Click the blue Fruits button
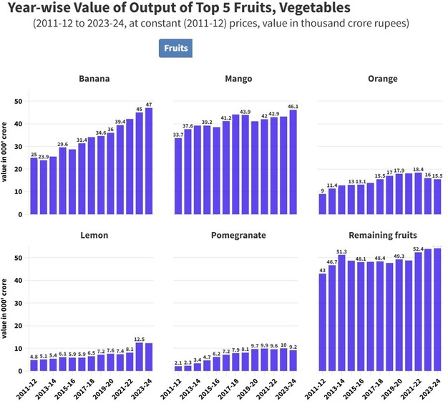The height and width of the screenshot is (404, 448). click(x=175, y=48)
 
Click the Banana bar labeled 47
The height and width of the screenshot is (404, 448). click(x=148, y=161)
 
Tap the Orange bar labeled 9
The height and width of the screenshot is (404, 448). click(x=323, y=204)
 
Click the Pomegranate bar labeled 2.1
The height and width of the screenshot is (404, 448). click(x=178, y=368)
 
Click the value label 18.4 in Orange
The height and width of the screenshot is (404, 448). click(x=418, y=168)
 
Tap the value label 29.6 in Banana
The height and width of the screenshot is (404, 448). click(x=62, y=143)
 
